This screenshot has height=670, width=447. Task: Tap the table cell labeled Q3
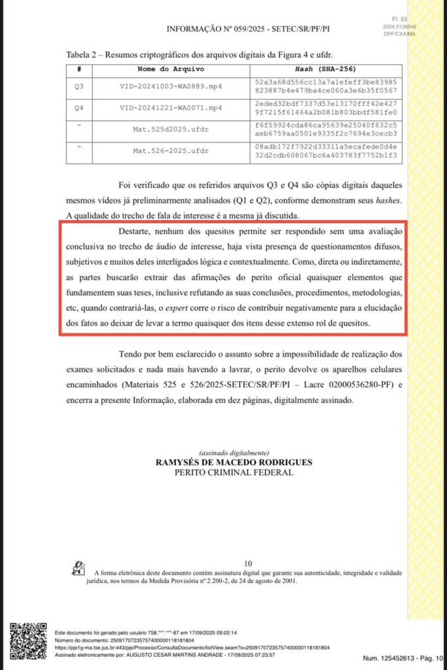click(79, 86)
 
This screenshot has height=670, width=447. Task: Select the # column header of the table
click(79, 69)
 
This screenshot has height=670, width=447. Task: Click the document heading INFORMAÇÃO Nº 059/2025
click(247, 29)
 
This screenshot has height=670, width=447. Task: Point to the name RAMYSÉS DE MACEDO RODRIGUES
click(234, 462)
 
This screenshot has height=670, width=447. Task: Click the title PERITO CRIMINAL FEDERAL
click(234, 472)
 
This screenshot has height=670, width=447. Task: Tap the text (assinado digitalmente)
click(234, 453)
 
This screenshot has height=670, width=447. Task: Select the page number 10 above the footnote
click(247, 563)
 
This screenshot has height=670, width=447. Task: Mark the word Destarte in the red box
click(137, 232)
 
